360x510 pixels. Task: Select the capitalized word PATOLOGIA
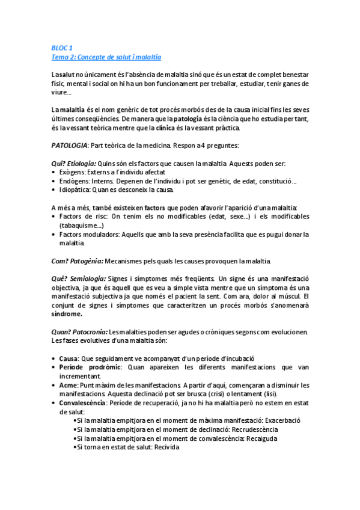70,146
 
